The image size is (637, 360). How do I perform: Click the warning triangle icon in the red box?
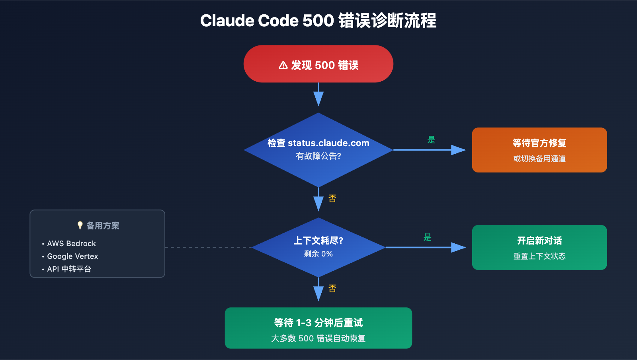[x=283, y=65]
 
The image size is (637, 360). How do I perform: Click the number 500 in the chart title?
[x=318, y=21]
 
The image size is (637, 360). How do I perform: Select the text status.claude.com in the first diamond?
[x=328, y=143]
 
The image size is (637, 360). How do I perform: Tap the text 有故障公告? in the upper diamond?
[x=318, y=156]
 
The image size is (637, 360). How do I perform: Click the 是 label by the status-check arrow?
[x=431, y=140]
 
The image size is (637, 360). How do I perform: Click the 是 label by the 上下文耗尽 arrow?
[x=428, y=237]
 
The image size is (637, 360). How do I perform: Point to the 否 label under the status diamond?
[x=332, y=198]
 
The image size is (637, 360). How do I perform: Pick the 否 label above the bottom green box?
[x=332, y=288]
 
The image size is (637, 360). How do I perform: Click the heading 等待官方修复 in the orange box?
[x=539, y=143]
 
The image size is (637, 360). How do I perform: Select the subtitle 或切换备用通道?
[x=539, y=158]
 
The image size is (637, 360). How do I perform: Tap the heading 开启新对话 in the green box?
[x=539, y=241]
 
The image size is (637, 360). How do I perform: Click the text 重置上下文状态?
[x=539, y=256]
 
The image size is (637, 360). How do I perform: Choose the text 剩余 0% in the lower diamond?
[x=318, y=254]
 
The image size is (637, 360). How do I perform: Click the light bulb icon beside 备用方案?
[x=80, y=225]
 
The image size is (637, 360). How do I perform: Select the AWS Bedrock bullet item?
[x=71, y=243]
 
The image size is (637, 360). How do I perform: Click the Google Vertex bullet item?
[x=72, y=256]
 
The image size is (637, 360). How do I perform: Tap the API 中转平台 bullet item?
[x=69, y=269]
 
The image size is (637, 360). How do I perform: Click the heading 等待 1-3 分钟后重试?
[x=318, y=323]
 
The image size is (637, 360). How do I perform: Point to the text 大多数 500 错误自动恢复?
[x=318, y=338]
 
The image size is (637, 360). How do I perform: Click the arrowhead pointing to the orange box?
[x=458, y=150]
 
